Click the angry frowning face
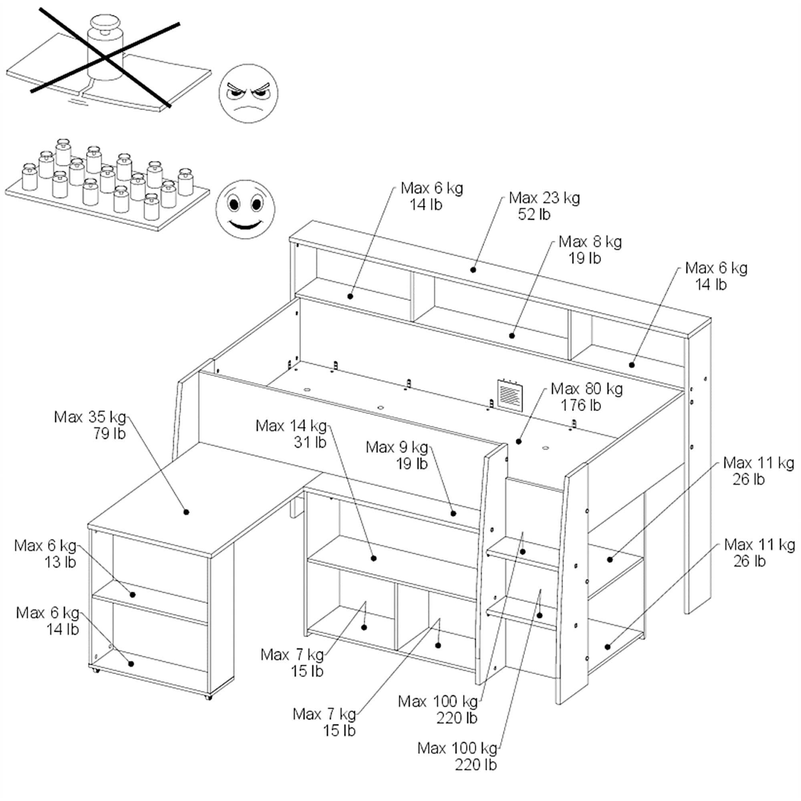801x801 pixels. click(x=248, y=94)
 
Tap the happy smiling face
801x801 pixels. click(x=245, y=209)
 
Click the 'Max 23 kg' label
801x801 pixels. click(x=544, y=198)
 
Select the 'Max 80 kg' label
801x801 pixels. click(x=586, y=389)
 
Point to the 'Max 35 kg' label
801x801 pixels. click(x=90, y=417)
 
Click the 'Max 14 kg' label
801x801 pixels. click(x=291, y=426)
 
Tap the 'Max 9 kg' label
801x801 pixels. click(x=397, y=447)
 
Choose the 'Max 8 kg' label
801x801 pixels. click(x=590, y=242)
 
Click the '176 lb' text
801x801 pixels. click(x=580, y=405)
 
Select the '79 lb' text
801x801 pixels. click(x=109, y=434)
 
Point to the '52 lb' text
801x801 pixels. click(x=534, y=214)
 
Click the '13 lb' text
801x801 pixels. click(x=60, y=562)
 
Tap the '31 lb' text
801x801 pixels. click(x=310, y=443)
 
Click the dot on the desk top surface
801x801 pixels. click(x=186, y=512)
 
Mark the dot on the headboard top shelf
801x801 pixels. click(x=473, y=270)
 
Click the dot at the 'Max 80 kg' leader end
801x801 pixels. click(x=519, y=441)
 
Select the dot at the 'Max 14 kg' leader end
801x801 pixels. click(x=374, y=558)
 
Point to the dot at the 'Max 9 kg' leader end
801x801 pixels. click(x=453, y=513)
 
